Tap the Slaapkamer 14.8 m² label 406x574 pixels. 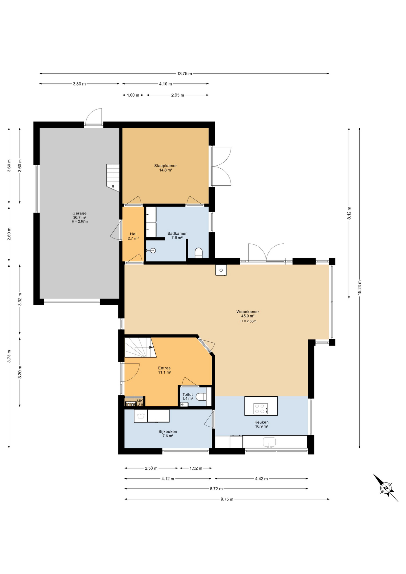tap(165, 168)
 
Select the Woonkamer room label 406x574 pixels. tap(248, 314)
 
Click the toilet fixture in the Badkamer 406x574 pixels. tap(199, 253)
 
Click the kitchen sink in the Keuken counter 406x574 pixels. tap(269, 442)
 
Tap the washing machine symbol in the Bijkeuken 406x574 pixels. tap(141, 416)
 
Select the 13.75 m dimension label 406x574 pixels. tap(184, 74)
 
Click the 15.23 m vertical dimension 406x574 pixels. tap(360, 288)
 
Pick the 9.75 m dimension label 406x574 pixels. tap(227, 499)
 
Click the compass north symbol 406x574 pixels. tap(386, 488)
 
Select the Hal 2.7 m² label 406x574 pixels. tap(133, 236)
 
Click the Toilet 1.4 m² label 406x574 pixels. tap(187, 396)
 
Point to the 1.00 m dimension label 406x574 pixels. tap(133, 95)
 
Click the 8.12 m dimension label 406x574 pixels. tap(349, 213)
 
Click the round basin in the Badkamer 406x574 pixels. tap(153, 251)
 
